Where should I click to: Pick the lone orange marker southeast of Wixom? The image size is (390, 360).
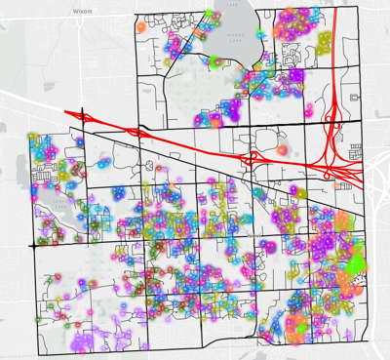(x=143, y=28)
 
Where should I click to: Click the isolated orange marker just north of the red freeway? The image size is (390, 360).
(x=283, y=151)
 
